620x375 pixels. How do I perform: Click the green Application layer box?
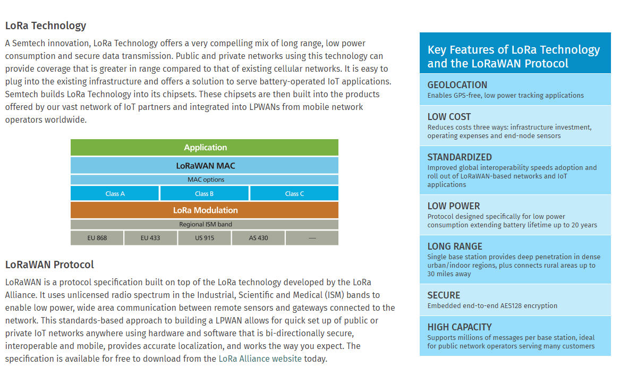(x=205, y=147)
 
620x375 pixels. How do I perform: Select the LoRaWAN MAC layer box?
(x=205, y=166)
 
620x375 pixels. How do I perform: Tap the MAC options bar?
(x=205, y=180)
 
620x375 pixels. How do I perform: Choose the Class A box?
(x=115, y=194)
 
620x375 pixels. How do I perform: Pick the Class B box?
(x=205, y=194)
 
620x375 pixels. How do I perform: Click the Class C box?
(x=294, y=194)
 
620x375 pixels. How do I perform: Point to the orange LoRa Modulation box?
(x=205, y=210)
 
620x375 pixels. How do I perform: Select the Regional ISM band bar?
(x=205, y=225)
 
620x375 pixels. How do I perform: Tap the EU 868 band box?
(x=97, y=238)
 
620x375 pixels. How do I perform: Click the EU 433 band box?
(x=150, y=238)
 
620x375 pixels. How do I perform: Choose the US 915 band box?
(x=205, y=238)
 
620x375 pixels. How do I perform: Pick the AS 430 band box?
(x=258, y=238)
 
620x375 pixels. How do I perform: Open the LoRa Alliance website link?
(x=260, y=359)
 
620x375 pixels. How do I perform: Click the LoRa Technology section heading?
(x=46, y=25)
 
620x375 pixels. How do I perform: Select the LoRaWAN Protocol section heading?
(x=49, y=265)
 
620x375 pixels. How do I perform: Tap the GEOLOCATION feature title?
(x=457, y=85)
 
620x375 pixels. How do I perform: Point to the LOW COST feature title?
(x=449, y=117)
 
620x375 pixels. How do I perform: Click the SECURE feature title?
(x=444, y=295)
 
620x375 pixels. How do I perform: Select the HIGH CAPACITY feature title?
(x=460, y=328)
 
